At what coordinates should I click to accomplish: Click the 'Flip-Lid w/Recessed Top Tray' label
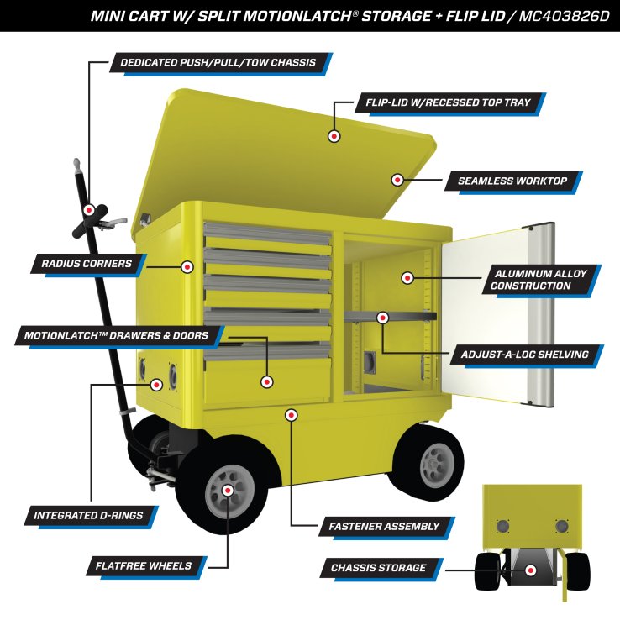(x=447, y=103)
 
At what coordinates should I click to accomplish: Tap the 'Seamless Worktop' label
(x=512, y=181)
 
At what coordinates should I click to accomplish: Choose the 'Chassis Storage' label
(x=378, y=568)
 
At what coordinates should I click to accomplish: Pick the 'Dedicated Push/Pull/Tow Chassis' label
(x=218, y=63)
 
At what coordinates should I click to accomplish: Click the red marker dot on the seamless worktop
(x=397, y=179)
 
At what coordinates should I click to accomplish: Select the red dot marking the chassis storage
(x=531, y=570)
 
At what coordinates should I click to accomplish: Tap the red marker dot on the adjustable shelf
(x=383, y=318)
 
